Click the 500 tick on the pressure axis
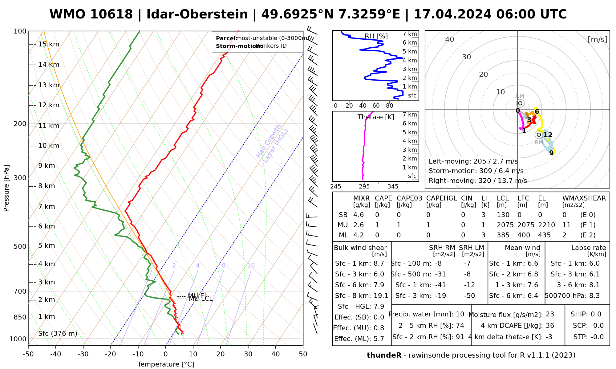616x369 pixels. click(20, 246)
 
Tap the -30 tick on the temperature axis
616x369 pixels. click(83, 354)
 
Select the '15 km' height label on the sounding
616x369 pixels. click(49, 44)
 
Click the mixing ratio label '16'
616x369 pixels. click(251, 266)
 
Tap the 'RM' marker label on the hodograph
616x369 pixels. click(539, 142)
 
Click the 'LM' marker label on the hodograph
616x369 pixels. click(520, 96)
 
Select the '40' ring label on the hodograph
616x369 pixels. click(450, 39)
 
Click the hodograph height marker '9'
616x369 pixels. click(551, 153)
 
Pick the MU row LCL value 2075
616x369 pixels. click(505, 225)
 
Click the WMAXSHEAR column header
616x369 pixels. click(584, 198)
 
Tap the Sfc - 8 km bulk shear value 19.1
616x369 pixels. click(381, 296)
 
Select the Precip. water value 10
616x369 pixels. click(460, 314)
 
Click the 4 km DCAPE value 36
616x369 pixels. click(550, 326)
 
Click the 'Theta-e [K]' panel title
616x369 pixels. click(376, 117)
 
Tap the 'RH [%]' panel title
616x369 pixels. click(376, 36)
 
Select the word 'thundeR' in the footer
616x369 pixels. click(384, 355)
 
